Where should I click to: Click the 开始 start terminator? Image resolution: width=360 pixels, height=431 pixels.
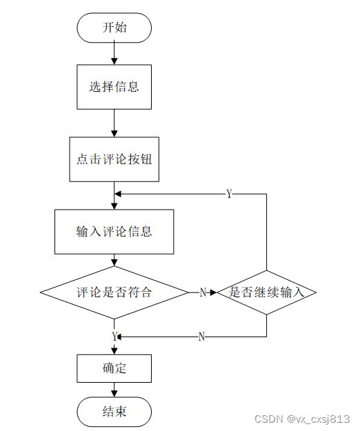tap(114, 28)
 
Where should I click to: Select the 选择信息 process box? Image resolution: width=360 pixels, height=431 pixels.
tap(114, 87)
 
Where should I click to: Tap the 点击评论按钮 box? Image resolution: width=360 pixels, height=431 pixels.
tap(114, 159)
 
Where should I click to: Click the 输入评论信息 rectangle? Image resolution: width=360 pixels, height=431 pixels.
tap(114, 232)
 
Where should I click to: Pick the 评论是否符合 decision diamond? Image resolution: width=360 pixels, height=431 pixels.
tap(114, 292)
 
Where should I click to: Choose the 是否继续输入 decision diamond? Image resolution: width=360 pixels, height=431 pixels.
tap(266, 292)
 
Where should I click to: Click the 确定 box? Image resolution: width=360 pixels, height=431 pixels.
tap(114, 368)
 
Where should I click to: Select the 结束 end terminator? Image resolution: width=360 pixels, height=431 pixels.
tap(114, 412)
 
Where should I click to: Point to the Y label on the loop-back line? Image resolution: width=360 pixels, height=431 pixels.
tap(229, 194)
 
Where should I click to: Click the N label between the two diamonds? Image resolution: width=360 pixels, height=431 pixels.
tap(203, 292)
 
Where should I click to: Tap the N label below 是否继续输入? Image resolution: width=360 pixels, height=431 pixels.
tap(201, 337)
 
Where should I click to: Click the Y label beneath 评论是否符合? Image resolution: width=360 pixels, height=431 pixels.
tap(114, 336)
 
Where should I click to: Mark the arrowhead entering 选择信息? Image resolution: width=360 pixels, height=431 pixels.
tap(114, 61)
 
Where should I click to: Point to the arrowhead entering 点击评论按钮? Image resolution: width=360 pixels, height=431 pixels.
tap(114, 134)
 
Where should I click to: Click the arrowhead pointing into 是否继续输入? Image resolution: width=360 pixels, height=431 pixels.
tap(213, 292)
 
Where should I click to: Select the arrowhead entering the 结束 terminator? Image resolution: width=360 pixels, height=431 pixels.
tap(114, 393)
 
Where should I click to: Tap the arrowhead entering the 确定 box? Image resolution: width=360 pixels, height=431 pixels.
tap(114, 351)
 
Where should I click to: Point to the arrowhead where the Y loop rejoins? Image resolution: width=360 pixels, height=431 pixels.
tap(118, 194)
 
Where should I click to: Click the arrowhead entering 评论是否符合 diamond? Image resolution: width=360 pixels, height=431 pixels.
tap(114, 263)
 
